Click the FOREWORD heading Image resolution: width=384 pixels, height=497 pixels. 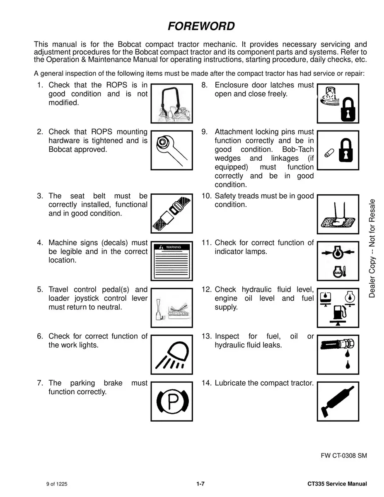pyautogui.click(x=201, y=27)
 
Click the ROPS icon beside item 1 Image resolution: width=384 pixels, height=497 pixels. pyautogui.click(x=171, y=103)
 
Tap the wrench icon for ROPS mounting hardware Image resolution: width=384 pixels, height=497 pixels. pyautogui.click(x=171, y=150)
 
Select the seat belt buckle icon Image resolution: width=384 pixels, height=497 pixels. pyautogui.click(x=171, y=212)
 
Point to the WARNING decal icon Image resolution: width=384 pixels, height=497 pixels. pyautogui.click(x=171, y=260)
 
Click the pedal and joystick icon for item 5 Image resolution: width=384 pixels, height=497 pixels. pyautogui.click(x=171, y=307)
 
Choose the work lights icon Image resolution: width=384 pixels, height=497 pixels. pyautogui.click(x=171, y=354)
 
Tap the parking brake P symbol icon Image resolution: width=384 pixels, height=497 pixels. pyautogui.click(x=171, y=401)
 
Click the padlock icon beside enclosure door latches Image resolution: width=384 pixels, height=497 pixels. pyautogui.click(x=338, y=103)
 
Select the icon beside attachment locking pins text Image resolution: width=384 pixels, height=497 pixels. pyautogui.click(x=338, y=150)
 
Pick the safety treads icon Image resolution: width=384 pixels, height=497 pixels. pyautogui.click(x=338, y=212)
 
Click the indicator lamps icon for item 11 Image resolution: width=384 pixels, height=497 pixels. pyautogui.click(x=338, y=260)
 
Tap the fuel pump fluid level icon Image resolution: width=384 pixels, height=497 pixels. pyautogui.click(x=338, y=307)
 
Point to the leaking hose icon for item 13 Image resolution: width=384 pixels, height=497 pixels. pyautogui.click(x=338, y=354)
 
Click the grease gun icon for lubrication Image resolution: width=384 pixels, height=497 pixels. pyautogui.click(x=338, y=401)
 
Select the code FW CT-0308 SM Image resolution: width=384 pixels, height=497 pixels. pyautogui.click(x=344, y=456)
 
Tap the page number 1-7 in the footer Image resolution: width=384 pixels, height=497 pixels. pyautogui.click(x=201, y=484)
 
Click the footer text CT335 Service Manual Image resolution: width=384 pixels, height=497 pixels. pyautogui.click(x=337, y=484)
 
